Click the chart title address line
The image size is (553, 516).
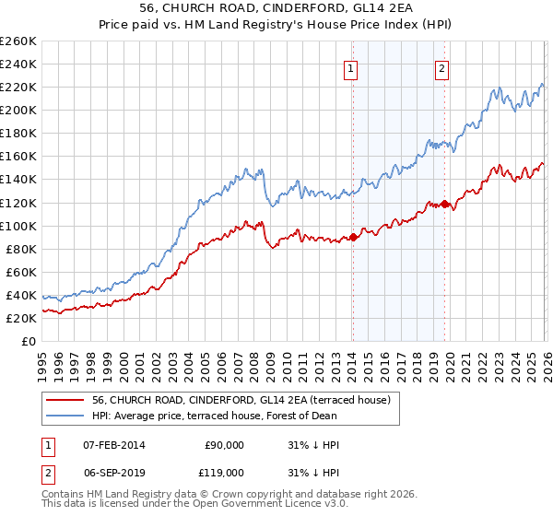[x=276, y=9]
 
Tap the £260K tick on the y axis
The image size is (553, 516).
[x=18, y=41]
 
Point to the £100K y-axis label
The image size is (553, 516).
[x=18, y=226]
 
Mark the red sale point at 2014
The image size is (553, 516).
[x=353, y=237]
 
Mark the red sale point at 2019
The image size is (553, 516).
[x=444, y=204]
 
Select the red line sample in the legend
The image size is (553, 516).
[x=65, y=400]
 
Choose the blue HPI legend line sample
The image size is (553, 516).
[x=65, y=416]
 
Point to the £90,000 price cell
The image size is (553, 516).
[x=224, y=445]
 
